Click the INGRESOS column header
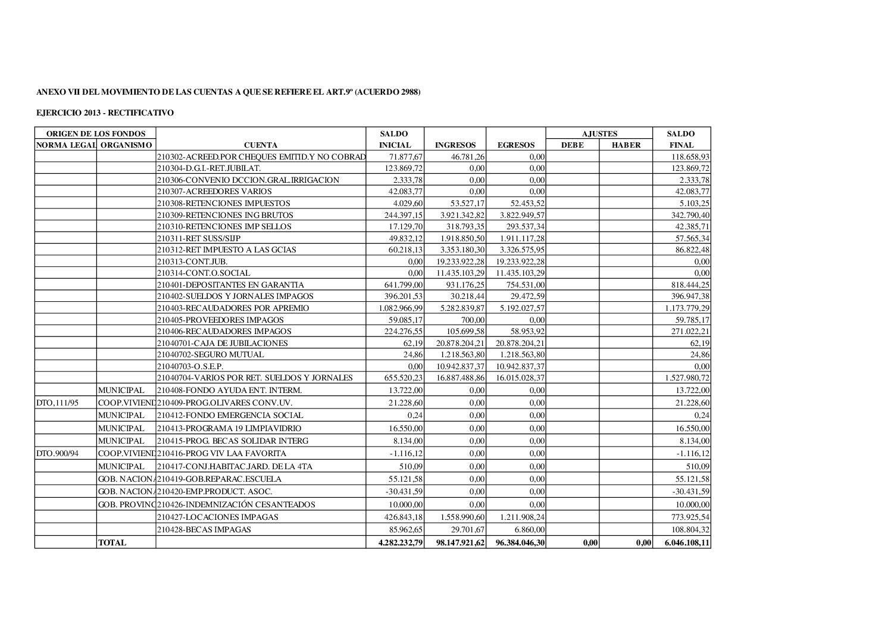455,145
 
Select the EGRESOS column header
515,145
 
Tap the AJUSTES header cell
599,134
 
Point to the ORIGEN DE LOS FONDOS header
95,134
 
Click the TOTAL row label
112,542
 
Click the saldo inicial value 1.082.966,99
401,308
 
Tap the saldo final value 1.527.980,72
686,378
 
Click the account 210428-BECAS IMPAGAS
204,529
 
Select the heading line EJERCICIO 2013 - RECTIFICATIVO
105,112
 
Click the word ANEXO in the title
49,92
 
